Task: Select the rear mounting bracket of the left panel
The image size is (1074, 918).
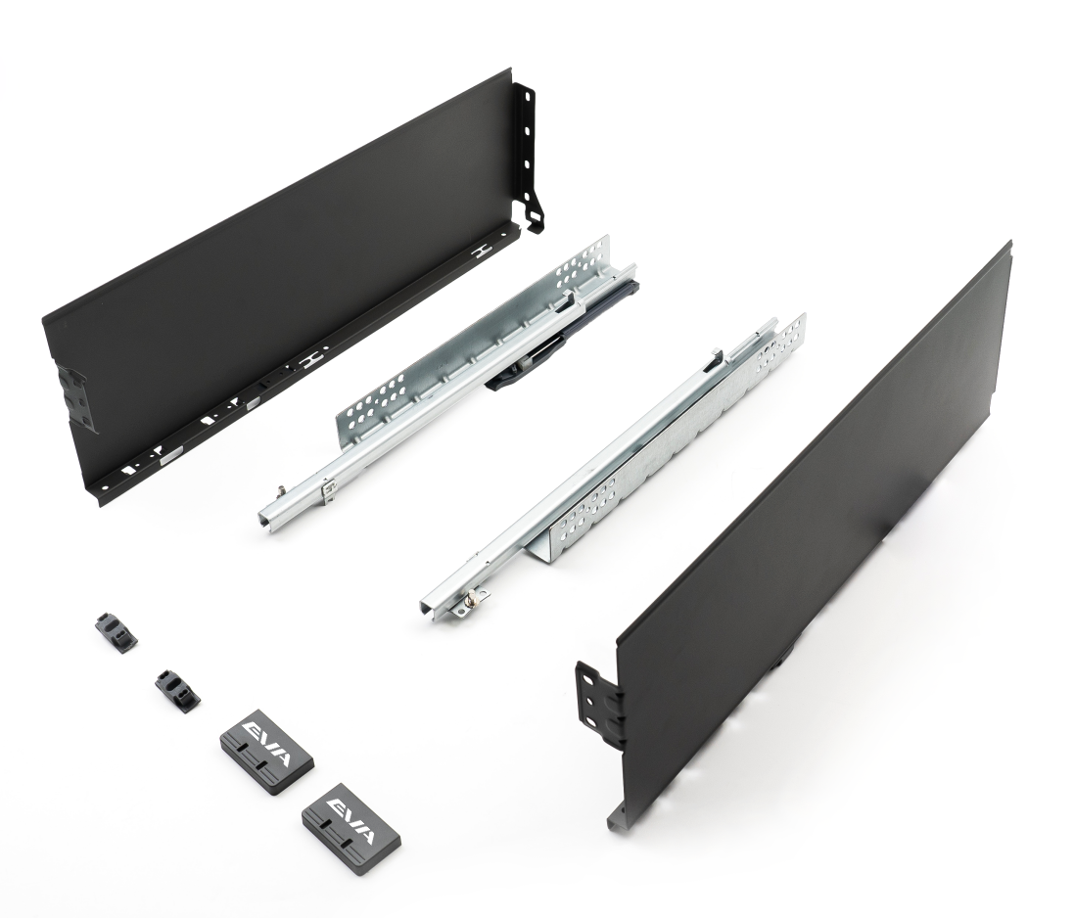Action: [531, 153]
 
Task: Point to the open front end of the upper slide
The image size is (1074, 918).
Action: [270, 514]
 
